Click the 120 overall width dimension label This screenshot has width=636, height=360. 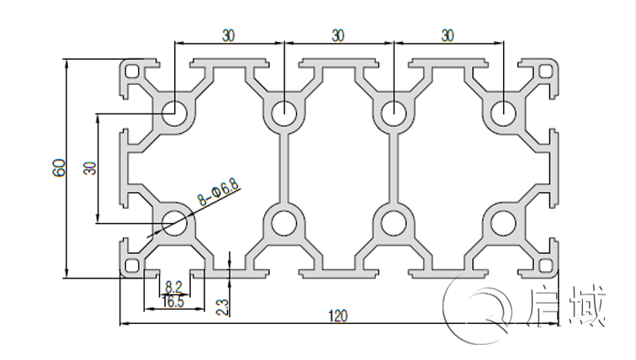click(337, 315)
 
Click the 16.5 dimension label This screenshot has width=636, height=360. click(174, 302)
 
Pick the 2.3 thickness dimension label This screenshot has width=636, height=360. click(222, 305)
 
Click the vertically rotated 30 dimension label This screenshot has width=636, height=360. click(89, 167)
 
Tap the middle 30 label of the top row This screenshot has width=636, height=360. click(337, 35)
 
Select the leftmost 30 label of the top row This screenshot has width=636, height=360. click(229, 35)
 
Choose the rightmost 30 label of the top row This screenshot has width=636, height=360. click(447, 35)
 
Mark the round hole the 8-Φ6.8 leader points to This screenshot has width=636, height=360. click(176, 223)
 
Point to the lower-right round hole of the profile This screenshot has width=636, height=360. click(503, 223)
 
